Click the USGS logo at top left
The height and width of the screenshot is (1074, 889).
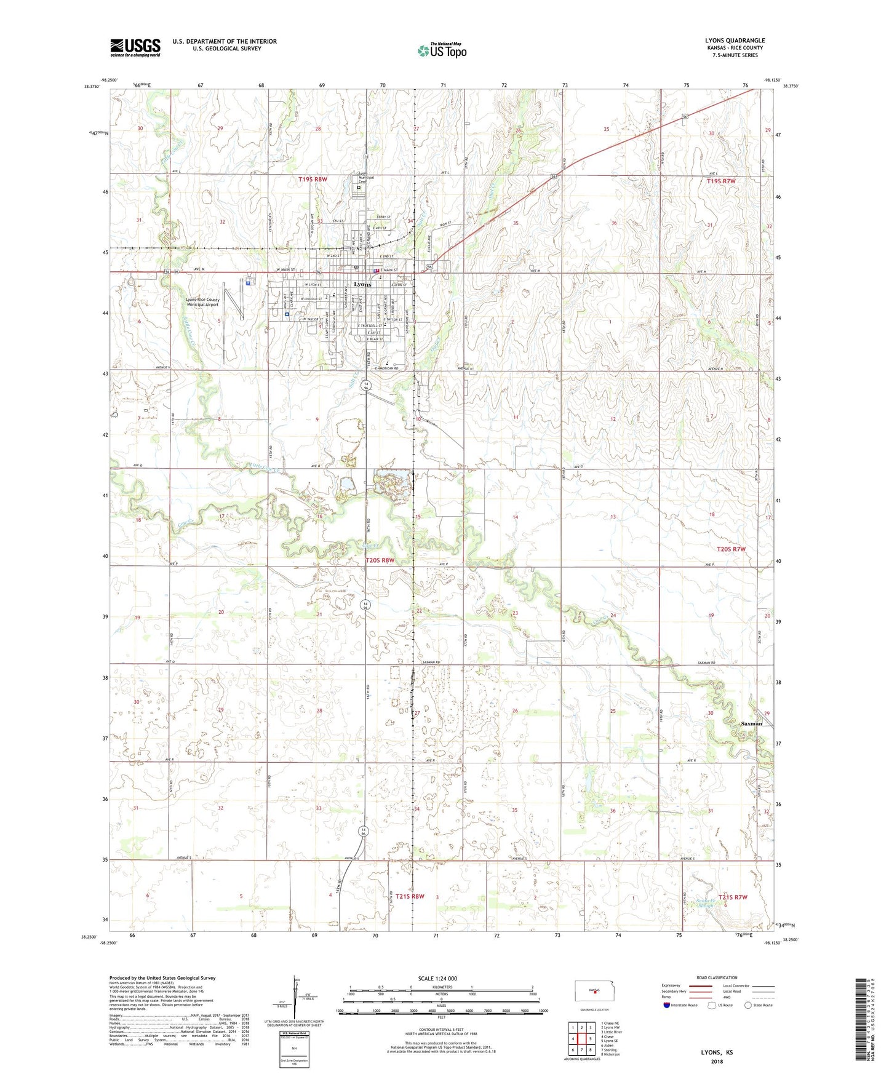click(135, 47)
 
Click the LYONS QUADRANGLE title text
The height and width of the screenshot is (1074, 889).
click(735, 41)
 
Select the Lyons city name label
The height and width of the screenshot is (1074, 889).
click(363, 285)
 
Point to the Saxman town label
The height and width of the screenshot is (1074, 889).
click(751, 724)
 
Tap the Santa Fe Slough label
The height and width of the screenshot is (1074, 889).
click(706, 904)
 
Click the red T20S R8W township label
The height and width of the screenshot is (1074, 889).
click(380, 560)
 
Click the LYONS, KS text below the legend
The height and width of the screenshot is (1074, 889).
click(717, 1052)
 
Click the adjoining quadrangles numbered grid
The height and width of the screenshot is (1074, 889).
click(581, 1040)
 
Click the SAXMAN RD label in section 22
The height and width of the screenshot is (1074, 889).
click(431, 662)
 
